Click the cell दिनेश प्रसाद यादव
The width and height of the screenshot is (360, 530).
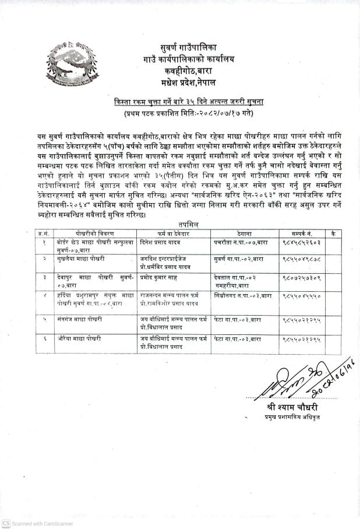(x=160, y=240)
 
